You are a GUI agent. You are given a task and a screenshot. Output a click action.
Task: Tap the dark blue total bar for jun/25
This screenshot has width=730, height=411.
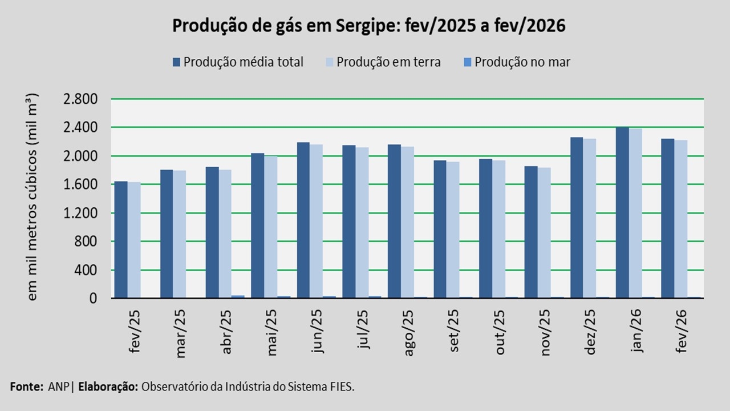click(303, 220)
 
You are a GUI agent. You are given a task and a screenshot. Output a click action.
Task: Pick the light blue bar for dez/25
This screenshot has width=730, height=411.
click(590, 218)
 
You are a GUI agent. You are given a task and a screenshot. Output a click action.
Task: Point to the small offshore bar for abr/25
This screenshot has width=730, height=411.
click(238, 296)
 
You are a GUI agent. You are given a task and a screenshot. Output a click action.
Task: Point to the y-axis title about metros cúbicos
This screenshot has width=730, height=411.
click(33, 196)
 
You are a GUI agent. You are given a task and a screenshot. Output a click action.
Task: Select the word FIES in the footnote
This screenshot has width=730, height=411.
click(341, 386)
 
